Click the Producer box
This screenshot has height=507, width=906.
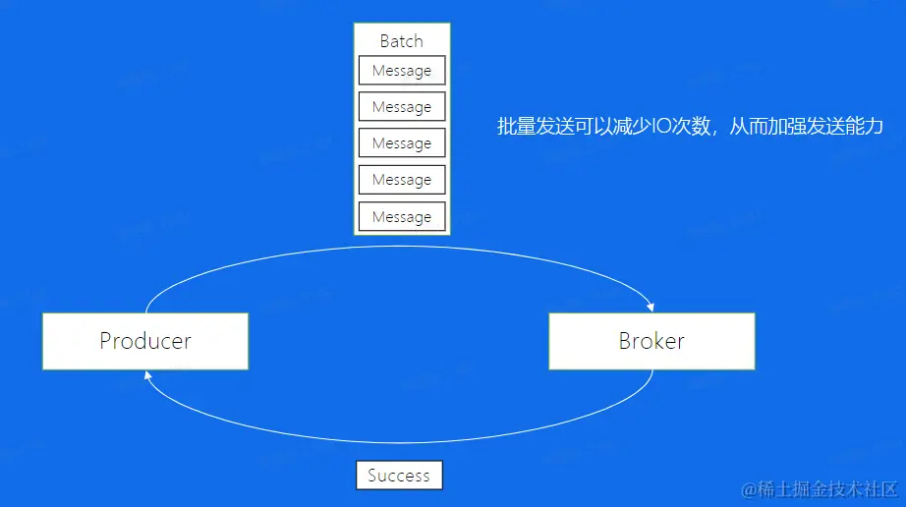click(144, 341)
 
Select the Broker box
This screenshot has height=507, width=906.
click(651, 341)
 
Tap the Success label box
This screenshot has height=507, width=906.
click(399, 476)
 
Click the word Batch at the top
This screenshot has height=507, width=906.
click(401, 41)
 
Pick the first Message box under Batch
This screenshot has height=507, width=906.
click(401, 71)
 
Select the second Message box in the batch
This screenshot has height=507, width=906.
click(401, 107)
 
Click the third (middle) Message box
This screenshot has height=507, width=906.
click(401, 143)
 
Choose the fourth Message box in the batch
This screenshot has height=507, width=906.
click(401, 180)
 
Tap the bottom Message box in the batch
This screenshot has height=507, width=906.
click(401, 216)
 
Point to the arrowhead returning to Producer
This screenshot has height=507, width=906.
click(147, 375)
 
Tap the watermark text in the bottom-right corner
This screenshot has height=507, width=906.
click(820, 488)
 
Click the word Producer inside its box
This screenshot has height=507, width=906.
click(144, 341)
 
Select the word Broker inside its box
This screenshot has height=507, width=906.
click(651, 341)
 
